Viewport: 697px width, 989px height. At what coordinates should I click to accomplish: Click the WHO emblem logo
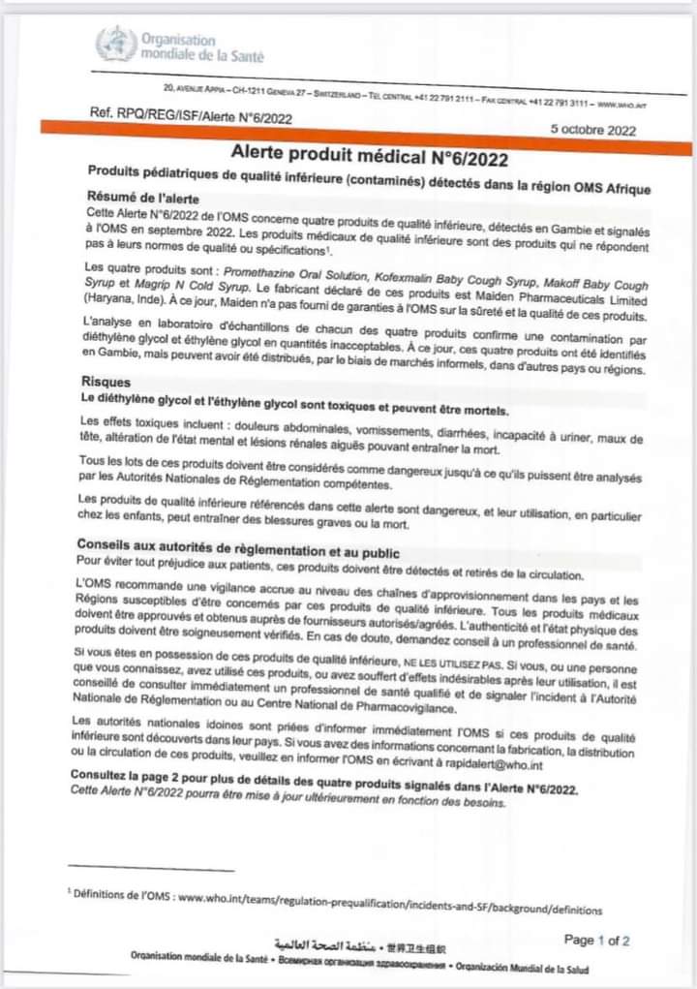click(115, 44)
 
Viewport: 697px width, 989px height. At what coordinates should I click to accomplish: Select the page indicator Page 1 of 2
click(596, 940)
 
